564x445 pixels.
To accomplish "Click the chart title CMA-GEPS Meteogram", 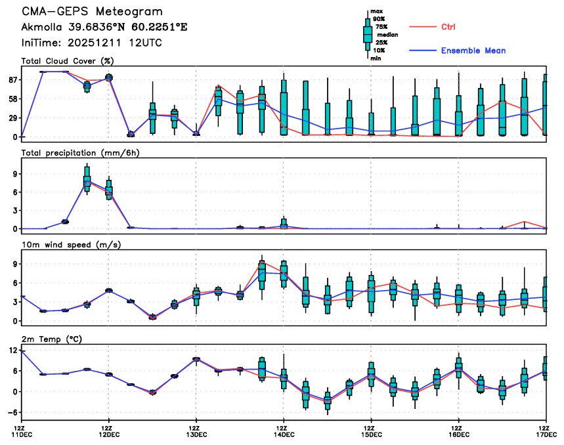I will click(93, 12).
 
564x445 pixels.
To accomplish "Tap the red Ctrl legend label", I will click(448, 27).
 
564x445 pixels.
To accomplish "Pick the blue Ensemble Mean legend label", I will click(473, 51).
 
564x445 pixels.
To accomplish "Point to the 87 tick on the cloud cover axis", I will click(11, 79).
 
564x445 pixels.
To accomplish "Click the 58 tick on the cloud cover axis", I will click(11, 98).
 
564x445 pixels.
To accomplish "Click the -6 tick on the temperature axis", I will click(11, 412).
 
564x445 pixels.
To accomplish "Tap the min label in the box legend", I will click(376, 58).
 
